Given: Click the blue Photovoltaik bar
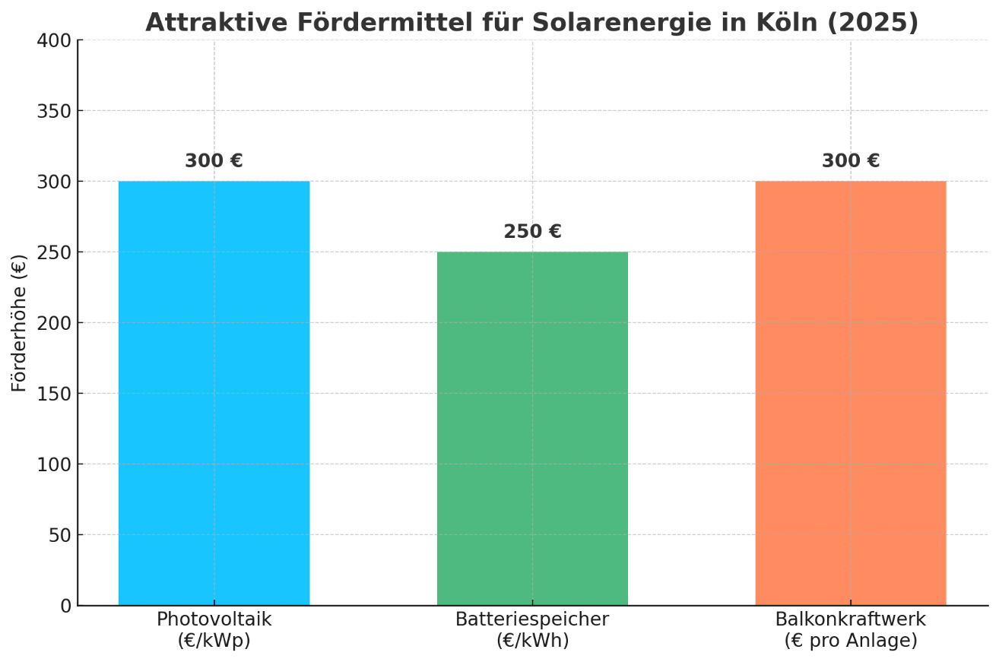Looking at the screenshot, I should (x=214, y=393).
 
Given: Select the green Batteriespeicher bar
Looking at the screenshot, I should (x=532, y=428).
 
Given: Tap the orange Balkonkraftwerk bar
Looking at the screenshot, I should (x=850, y=393).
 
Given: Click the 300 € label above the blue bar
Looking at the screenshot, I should (x=214, y=161).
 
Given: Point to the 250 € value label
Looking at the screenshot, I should (x=532, y=232).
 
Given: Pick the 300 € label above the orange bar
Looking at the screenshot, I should (x=850, y=161).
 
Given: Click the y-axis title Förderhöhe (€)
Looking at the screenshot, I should (x=19, y=323).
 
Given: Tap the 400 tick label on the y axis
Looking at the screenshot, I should (x=54, y=40).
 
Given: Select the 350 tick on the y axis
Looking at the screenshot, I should (x=54, y=111).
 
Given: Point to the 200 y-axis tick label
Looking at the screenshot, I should (x=54, y=323).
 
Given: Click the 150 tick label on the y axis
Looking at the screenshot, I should (x=54, y=394).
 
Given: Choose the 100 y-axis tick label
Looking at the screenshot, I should (x=54, y=464).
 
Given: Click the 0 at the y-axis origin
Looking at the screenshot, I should (x=65, y=606).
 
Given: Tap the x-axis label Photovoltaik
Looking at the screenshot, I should (x=214, y=619).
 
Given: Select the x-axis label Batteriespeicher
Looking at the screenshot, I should (x=532, y=619).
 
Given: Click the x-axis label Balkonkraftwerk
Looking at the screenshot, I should (x=850, y=619).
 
